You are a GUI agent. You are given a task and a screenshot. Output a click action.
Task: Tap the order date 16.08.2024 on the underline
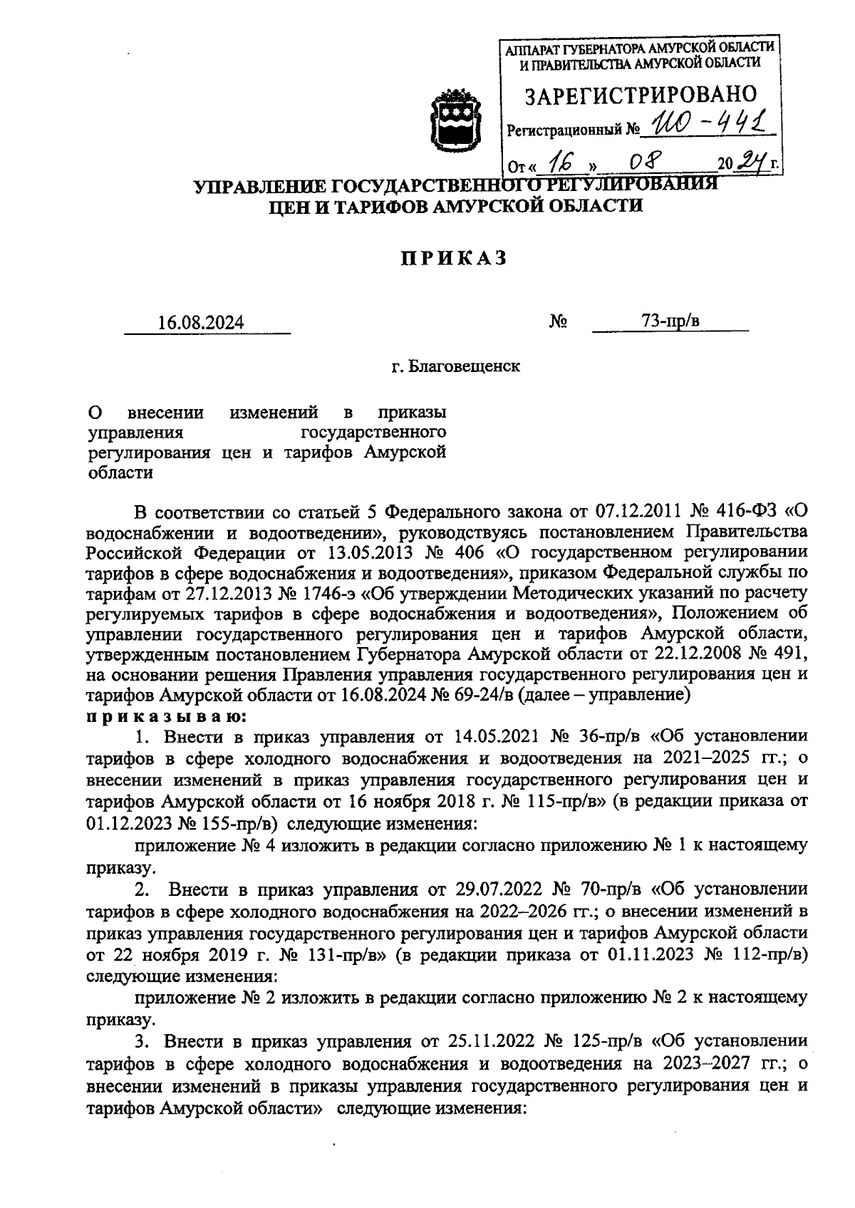click(202, 323)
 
